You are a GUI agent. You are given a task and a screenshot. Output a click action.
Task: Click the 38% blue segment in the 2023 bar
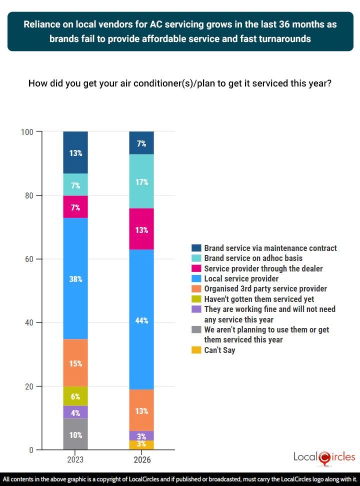tap(75, 279)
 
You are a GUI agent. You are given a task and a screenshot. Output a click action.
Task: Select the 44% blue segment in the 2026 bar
tap(141, 320)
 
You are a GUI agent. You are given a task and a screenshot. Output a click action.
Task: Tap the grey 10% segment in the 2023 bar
tap(75, 434)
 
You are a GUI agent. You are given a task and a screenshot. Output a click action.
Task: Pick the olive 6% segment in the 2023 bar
tap(75, 396)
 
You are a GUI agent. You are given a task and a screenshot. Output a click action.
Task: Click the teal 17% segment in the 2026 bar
tap(141, 181)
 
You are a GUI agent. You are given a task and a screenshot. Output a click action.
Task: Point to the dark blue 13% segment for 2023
tap(75, 152)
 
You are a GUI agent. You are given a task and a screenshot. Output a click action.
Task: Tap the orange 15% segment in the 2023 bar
tap(75, 363)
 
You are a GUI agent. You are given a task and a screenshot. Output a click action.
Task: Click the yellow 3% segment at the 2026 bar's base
tap(141, 445)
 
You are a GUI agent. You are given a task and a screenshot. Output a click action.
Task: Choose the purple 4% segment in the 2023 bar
tap(75, 412)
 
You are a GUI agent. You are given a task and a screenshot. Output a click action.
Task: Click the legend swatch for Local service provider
tap(196, 278)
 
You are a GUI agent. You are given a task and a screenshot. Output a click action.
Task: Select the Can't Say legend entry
tap(219, 350)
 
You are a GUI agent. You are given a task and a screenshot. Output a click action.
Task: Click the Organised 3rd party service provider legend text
tap(265, 288)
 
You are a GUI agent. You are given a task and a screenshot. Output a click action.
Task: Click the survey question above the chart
tap(180, 83)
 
